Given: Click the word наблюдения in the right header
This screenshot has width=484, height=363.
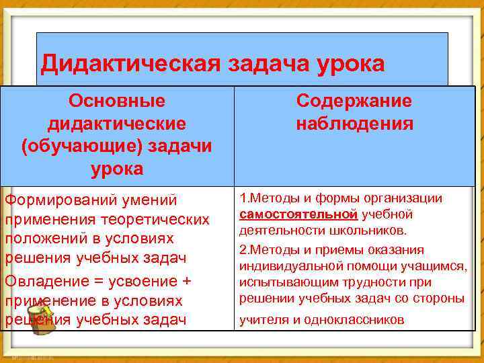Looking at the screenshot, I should [354, 124].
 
